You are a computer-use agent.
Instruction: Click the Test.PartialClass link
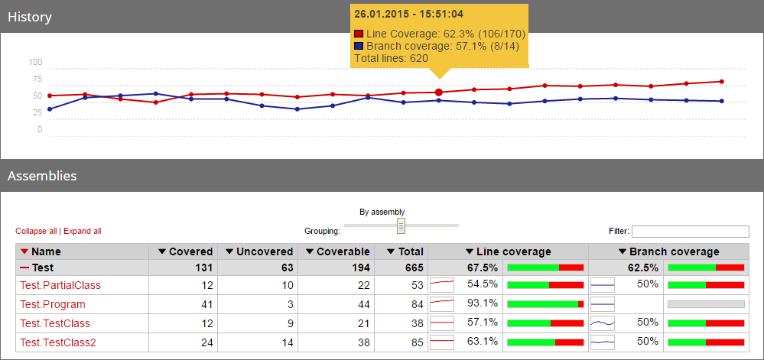(60, 285)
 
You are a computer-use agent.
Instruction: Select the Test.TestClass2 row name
(57, 342)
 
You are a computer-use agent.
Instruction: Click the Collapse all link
(36, 231)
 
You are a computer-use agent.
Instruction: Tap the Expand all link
(82, 231)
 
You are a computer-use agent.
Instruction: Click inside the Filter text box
(690, 232)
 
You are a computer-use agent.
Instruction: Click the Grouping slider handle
(401, 225)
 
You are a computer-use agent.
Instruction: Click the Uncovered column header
(258, 251)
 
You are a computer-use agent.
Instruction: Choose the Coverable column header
(337, 251)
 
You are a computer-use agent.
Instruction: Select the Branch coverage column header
(668, 251)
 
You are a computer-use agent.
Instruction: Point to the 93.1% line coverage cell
(483, 303)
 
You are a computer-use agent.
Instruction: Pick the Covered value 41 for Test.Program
(205, 304)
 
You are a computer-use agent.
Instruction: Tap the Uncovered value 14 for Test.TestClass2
(285, 342)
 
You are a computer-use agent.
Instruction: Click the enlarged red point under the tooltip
(438, 92)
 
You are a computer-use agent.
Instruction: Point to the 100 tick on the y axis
(36, 63)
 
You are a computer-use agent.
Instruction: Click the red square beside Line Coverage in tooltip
(359, 34)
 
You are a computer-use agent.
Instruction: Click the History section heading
(29, 16)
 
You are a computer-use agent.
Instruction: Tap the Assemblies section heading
(42, 176)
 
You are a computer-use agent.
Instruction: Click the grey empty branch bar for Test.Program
(706, 304)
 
